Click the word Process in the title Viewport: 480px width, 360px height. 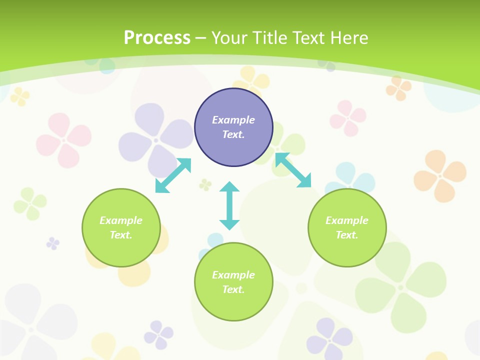(157, 38)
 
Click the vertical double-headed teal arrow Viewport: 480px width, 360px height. (229, 205)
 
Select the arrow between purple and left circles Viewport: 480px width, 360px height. (173, 175)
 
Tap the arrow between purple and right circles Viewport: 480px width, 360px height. (293, 170)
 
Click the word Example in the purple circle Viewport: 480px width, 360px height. (233, 120)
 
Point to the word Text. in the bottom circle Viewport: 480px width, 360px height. (233, 289)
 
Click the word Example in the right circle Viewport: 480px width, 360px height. (347, 220)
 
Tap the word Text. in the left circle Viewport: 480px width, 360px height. (121, 235)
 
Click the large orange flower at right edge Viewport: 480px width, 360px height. (440, 175)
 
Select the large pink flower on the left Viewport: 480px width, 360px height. (64, 140)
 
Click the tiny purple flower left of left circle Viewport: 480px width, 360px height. (53, 243)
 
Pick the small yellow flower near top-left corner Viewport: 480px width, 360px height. (20, 96)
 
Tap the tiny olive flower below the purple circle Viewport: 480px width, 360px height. (205, 185)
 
